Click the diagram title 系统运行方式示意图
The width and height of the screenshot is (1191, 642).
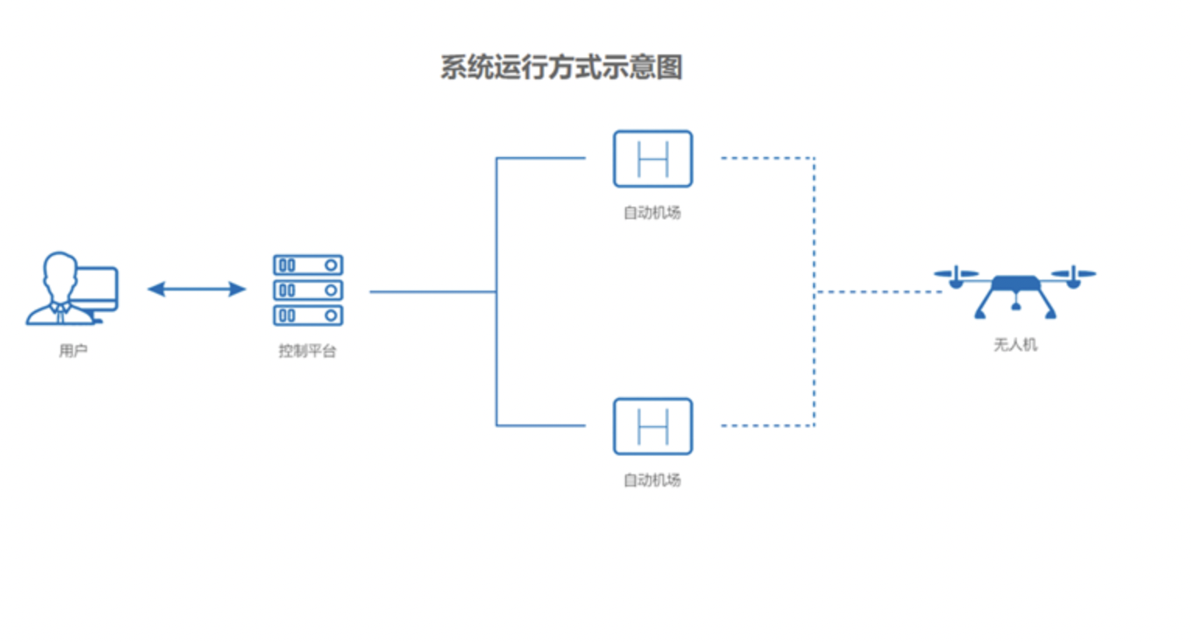(x=561, y=68)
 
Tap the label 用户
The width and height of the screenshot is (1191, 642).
(x=73, y=351)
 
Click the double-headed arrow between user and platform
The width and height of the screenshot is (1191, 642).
(x=197, y=289)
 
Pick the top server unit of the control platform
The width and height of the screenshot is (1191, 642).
(x=308, y=265)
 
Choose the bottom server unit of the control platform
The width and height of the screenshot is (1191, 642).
(x=308, y=316)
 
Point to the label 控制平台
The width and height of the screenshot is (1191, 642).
(x=307, y=351)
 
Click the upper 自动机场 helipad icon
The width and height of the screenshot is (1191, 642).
(x=652, y=159)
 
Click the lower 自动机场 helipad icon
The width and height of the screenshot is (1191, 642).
(x=652, y=427)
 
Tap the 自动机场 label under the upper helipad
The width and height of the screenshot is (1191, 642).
(x=652, y=212)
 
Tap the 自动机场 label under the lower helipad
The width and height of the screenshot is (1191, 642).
(x=652, y=480)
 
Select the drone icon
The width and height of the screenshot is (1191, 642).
(x=1015, y=291)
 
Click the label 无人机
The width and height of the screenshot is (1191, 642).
(x=1015, y=344)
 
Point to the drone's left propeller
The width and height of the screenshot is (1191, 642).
(x=956, y=274)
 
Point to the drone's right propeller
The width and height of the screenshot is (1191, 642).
(x=1074, y=274)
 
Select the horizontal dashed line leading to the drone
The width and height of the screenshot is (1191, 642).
(x=878, y=292)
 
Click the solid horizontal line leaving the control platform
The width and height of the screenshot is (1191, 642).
(x=432, y=292)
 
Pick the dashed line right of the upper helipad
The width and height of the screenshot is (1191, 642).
(x=766, y=158)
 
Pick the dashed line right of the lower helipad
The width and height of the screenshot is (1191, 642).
(x=766, y=426)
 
